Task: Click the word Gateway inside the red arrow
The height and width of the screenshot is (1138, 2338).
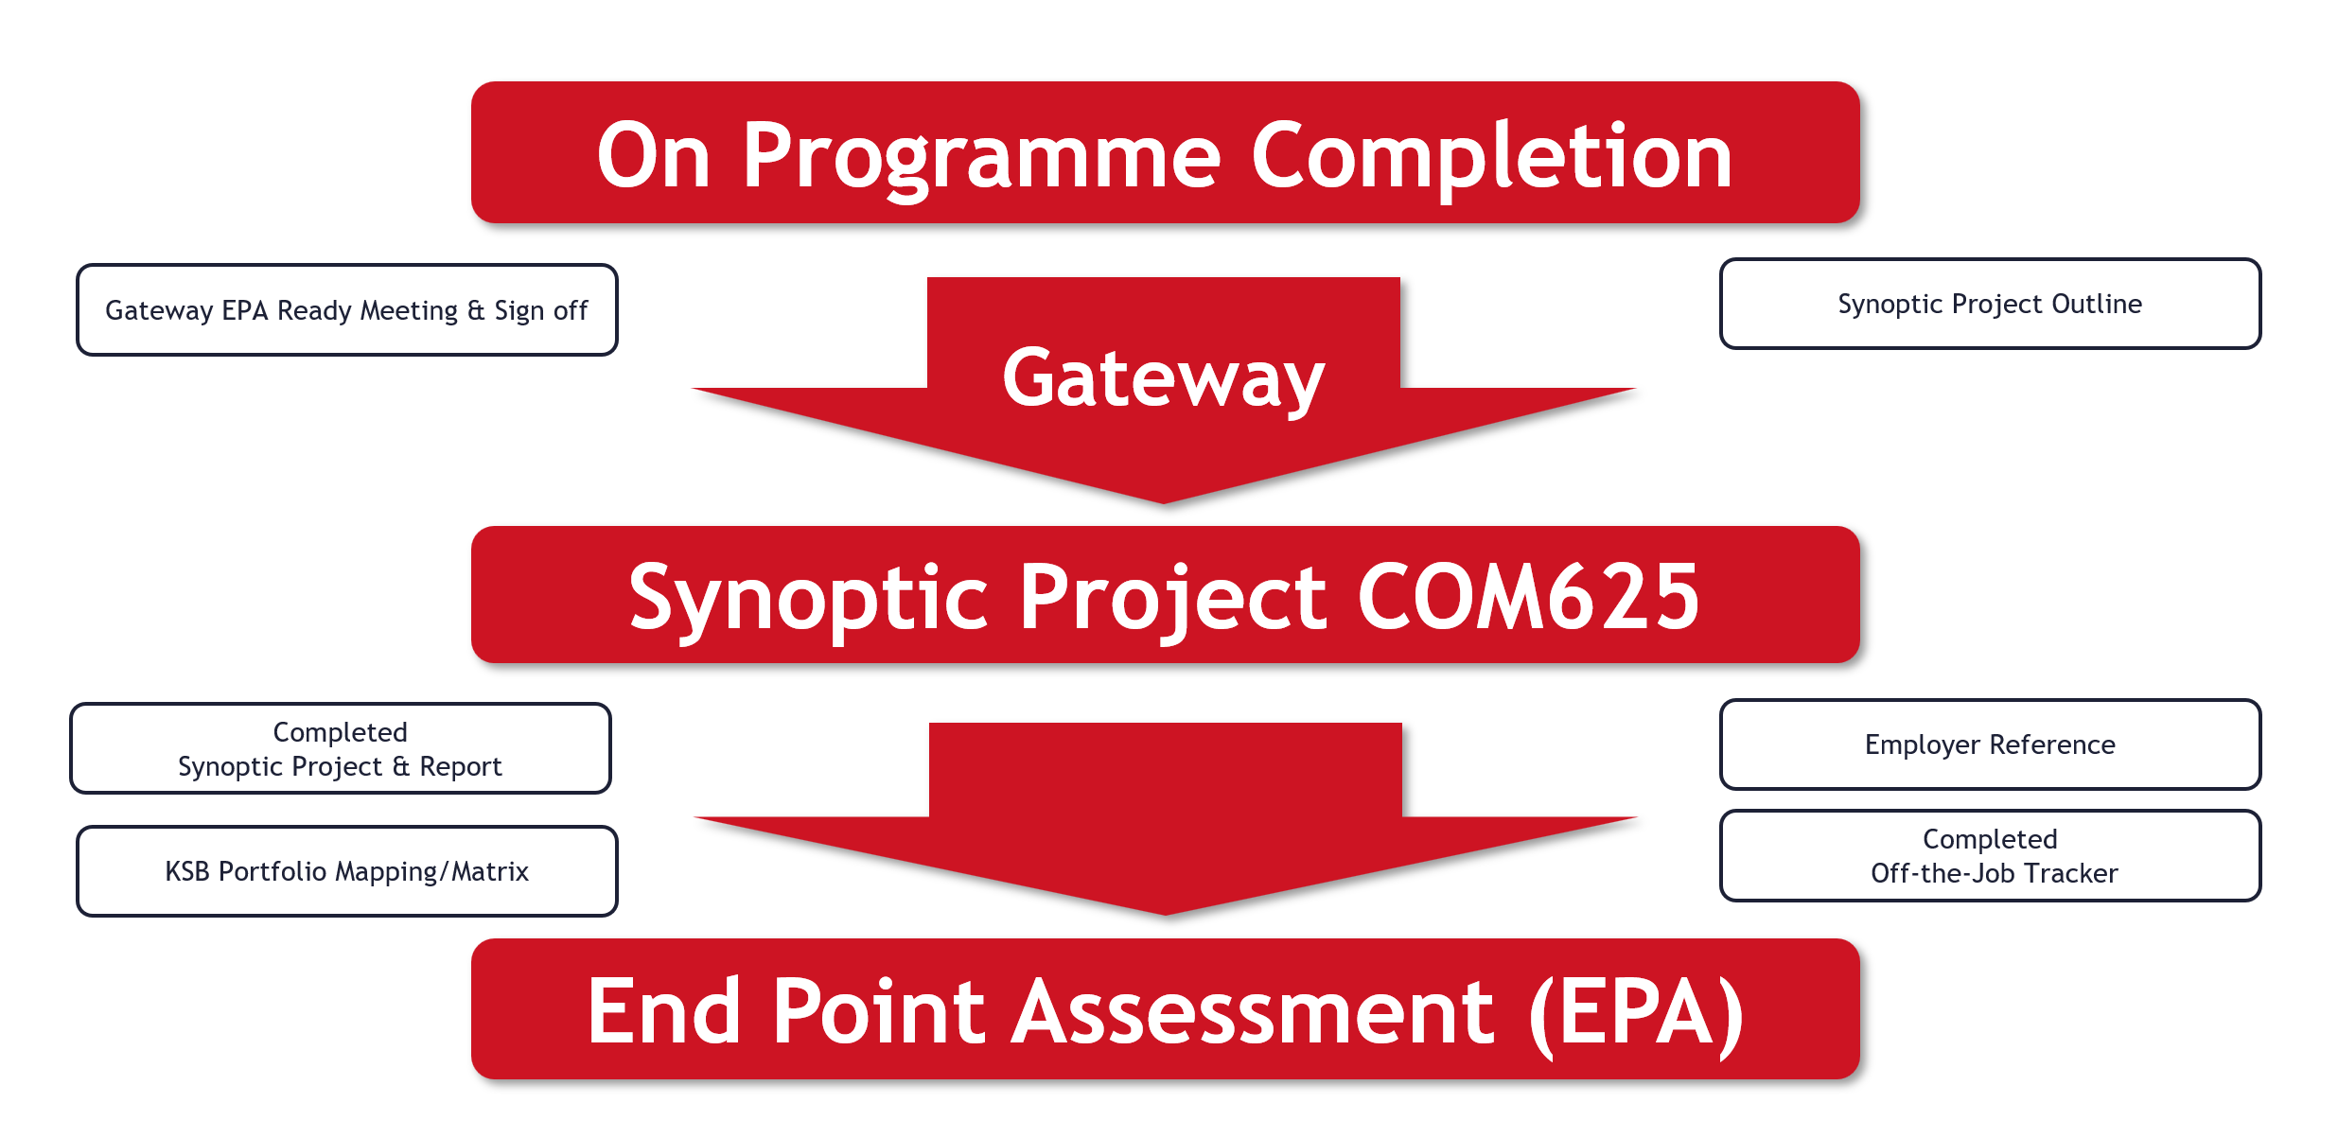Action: point(1163,379)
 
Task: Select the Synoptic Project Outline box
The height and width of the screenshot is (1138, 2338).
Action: point(1990,304)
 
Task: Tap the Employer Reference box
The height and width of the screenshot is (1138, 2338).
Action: point(1990,744)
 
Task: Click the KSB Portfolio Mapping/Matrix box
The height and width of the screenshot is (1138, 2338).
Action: point(346,871)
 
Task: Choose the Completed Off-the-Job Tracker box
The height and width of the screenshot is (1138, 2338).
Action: point(1990,856)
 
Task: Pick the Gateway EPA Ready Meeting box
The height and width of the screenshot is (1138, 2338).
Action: point(346,310)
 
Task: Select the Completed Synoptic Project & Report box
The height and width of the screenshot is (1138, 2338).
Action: point(340,748)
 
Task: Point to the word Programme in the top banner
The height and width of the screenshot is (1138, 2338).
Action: point(981,159)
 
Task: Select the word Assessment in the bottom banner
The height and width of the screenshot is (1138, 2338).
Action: point(1254,1013)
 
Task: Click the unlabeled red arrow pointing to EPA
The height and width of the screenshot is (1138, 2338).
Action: point(1165,819)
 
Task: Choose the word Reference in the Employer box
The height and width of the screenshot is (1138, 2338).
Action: point(2052,744)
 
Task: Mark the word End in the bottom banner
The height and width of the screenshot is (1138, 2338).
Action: point(663,1013)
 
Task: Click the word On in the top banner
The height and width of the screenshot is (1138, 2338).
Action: point(653,157)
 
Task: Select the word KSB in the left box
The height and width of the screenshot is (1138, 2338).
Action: point(187,871)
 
